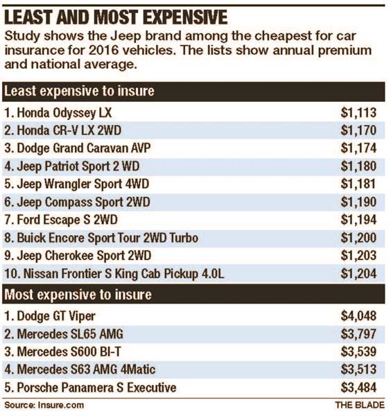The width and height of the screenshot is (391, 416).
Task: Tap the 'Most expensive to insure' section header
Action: coord(78,294)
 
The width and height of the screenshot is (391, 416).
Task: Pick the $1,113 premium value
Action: coord(358,112)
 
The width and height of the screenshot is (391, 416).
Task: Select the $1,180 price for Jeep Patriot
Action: coord(358,166)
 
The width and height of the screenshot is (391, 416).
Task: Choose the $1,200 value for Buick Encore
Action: coord(358,238)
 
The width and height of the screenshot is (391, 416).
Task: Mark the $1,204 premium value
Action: coord(358,274)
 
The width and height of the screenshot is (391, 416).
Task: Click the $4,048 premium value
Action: coord(358,315)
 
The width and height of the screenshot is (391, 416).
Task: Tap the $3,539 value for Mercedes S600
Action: coord(358,351)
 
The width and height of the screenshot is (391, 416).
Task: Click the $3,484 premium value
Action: coord(358,387)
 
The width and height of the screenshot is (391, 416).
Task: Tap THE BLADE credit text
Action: coord(358,404)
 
